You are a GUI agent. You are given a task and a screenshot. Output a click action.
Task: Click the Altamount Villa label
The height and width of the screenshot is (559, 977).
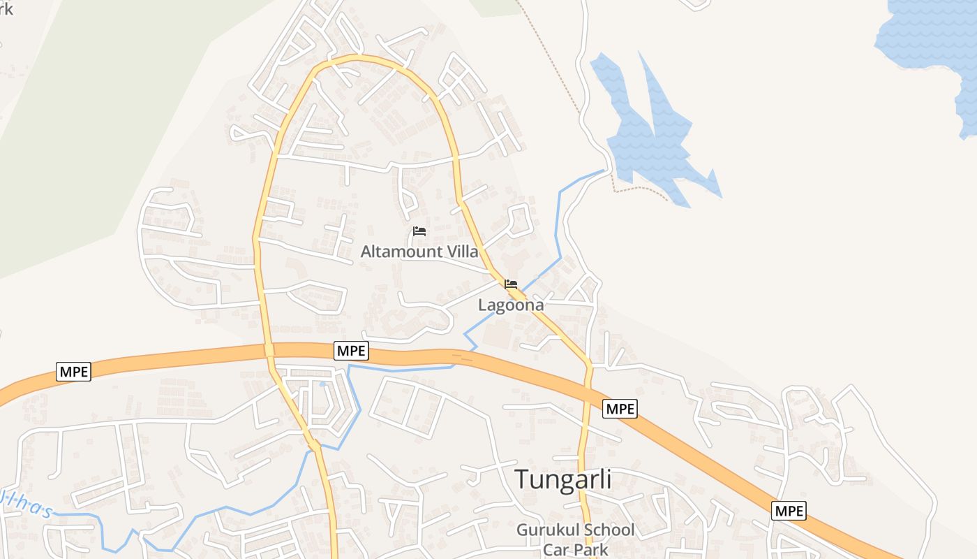coord(419,252)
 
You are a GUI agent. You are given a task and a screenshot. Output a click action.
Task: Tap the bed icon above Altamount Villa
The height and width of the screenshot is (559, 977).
coord(419,231)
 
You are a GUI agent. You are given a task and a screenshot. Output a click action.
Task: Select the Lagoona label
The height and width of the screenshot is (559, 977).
coord(511,305)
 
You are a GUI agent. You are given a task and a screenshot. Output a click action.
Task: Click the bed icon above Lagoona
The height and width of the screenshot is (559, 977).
coord(511,284)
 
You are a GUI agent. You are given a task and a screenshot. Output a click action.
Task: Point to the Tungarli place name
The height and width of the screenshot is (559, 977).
coord(563,479)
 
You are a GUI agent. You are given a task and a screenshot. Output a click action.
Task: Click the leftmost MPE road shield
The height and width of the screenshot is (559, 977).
coord(73,372)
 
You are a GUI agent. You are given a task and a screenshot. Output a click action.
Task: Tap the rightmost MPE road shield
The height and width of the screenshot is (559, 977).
coord(789,511)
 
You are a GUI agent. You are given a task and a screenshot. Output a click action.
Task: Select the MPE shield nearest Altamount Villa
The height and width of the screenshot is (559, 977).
coord(351,351)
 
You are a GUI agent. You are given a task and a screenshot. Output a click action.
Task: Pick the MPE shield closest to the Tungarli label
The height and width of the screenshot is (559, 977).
coord(620,408)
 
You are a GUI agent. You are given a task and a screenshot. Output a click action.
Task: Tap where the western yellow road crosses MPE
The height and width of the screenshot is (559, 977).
coord(269,349)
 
